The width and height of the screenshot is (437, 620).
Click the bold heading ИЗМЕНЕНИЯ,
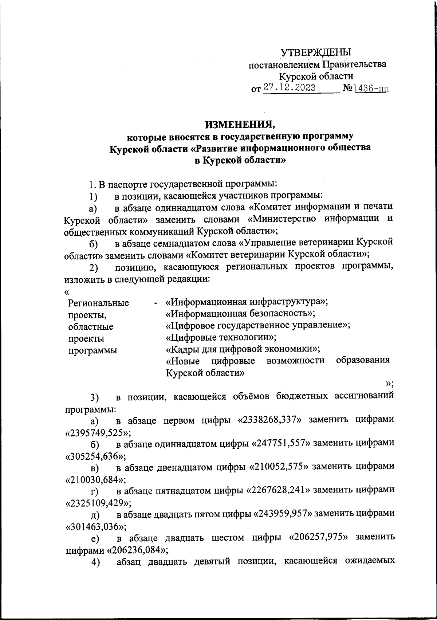click(240, 125)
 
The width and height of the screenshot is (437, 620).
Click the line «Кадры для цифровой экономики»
click(243, 349)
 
